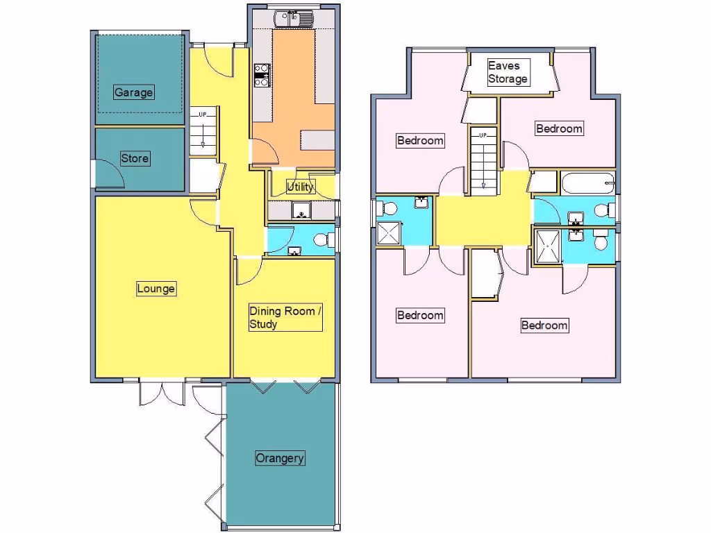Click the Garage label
[133, 92]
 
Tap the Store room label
[135, 158]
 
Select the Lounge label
[156, 289]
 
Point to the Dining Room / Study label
[285, 318]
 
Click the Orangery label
[281, 459]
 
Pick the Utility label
[301, 186]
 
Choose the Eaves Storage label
[508, 72]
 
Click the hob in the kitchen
[262, 75]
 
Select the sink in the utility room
[301, 210]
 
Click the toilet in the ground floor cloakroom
[321, 240]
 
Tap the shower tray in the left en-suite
[387, 234]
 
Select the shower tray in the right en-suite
[546, 246]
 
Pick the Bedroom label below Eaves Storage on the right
[559, 128]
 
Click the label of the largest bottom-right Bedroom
[544, 325]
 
